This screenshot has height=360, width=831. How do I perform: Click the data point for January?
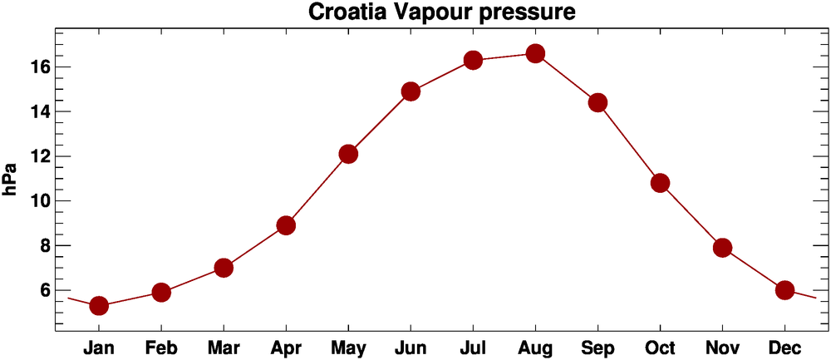[x=99, y=306]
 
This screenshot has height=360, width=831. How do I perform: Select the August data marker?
[x=535, y=54]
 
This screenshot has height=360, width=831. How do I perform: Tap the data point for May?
[x=348, y=154]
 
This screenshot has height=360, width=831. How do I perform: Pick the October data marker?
[x=660, y=183]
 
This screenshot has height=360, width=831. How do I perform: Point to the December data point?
[x=784, y=290]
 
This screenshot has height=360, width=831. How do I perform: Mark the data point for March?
[x=224, y=268]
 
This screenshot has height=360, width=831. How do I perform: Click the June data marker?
[x=411, y=91]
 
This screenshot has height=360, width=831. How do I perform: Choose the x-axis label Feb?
[x=161, y=347]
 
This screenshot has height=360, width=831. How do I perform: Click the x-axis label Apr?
[x=286, y=347]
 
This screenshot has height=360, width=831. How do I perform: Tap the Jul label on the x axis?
[x=473, y=347]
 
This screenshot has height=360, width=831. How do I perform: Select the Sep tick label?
[x=597, y=347]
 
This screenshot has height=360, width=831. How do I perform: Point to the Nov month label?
[x=722, y=347]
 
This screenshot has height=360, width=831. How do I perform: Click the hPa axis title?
[x=11, y=179]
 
